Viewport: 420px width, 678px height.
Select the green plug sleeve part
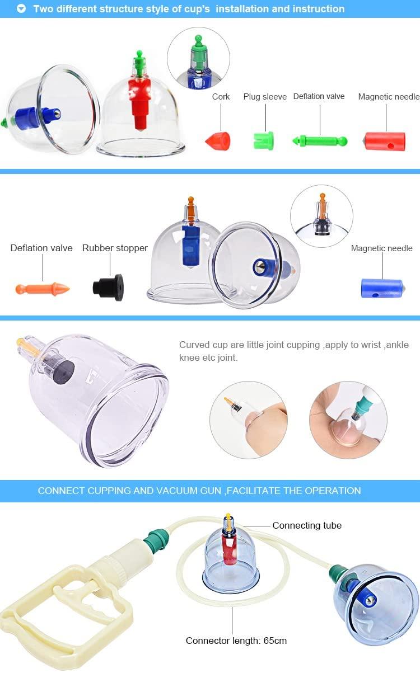[263, 140]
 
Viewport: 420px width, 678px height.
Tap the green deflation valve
[320, 141]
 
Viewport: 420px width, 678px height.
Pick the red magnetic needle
[385, 141]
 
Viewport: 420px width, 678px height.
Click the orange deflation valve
[43, 289]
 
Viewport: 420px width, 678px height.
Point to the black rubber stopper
[109, 287]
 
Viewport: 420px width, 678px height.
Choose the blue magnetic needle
[382, 288]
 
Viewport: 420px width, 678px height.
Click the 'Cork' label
[221, 97]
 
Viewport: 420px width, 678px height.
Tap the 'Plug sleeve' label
[265, 97]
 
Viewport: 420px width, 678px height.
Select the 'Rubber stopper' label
[115, 248]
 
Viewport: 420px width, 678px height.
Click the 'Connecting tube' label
[307, 525]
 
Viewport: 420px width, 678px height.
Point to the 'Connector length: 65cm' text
[236, 641]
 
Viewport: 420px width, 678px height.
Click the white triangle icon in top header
[21, 9]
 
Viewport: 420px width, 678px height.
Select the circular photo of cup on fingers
[249, 420]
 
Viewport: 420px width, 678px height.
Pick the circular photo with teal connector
[348, 420]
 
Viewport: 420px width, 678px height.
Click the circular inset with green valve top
[198, 58]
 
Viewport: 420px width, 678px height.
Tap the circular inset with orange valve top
[321, 216]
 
